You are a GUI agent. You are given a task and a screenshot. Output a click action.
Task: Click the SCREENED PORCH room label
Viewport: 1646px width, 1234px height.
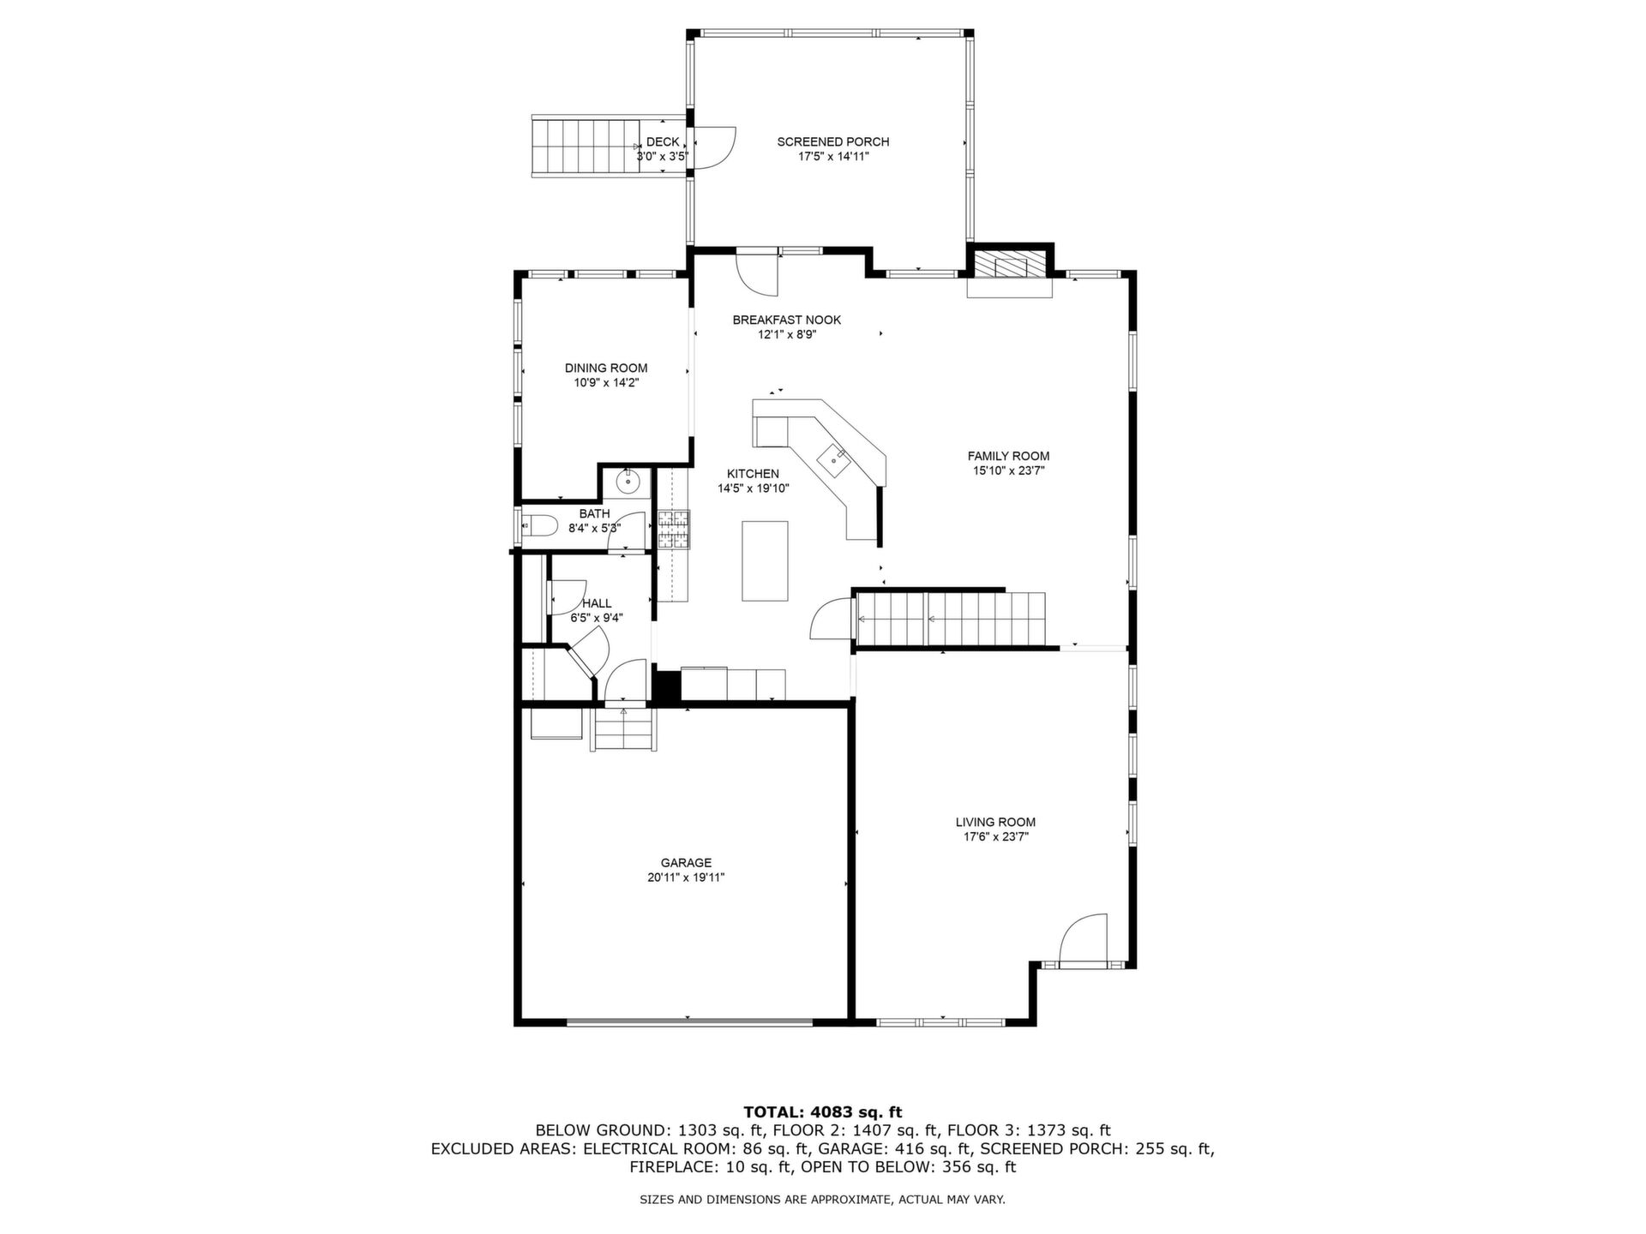[x=832, y=141]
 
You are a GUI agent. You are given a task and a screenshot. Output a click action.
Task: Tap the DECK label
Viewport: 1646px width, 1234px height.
[x=663, y=141]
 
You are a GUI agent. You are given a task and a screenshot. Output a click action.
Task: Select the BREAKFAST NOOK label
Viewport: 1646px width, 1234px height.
[x=786, y=320]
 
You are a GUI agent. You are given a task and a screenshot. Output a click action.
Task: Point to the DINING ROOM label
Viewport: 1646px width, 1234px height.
[x=606, y=368]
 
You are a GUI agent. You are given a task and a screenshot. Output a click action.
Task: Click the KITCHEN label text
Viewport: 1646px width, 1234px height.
[x=753, y=474]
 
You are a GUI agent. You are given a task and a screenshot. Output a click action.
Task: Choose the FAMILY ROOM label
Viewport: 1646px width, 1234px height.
[x=1008, y=456]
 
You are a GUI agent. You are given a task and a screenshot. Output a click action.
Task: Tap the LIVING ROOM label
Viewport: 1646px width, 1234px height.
[x=995, y=822]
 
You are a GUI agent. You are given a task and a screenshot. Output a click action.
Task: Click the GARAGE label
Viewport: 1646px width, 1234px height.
[x=686, y=863]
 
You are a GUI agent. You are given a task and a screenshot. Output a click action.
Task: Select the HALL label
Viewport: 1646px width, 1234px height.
[x=597, y=603]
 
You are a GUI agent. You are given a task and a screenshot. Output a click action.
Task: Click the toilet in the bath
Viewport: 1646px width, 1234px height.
[x=541, y=524]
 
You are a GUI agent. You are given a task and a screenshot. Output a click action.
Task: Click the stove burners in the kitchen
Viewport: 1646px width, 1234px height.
[x=674, y=529]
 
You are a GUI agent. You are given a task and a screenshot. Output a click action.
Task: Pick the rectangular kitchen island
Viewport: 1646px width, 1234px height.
[x=765, y=560]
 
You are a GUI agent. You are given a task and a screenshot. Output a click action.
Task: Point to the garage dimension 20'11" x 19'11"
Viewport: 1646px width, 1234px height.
[x=686, y=878]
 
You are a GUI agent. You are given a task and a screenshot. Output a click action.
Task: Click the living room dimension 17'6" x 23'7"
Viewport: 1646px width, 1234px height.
[x=995, y=836]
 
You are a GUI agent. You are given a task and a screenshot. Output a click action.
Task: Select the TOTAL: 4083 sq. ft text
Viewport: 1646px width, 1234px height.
[x=822, y=1113]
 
